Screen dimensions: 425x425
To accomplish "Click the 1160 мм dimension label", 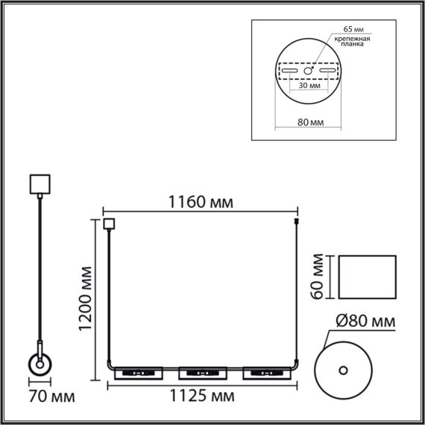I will [x=200, y=201].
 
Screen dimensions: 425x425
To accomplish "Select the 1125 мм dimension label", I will [x=200, y=394].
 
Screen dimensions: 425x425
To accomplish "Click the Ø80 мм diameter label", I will [x=362, y=322].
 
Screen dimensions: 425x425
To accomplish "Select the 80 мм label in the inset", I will [x=309, y=122].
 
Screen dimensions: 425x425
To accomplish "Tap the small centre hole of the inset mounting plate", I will [x=308, y=71].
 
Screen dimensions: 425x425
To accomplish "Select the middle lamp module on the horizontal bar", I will [x=201, y=371].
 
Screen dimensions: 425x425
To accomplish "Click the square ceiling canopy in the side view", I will [x=38, y=183].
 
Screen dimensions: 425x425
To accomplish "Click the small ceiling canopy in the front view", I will [x=110, y=222].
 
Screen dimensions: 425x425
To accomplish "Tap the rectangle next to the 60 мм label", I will [x=366, y=277].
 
